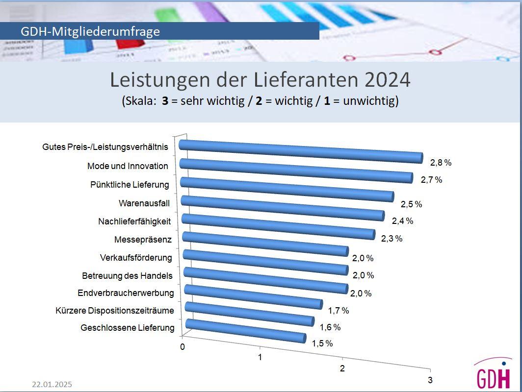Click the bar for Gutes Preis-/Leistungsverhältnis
[300, 151]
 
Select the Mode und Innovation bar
[296, 170]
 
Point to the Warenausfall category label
[144, 203]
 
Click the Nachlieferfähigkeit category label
[134, 221]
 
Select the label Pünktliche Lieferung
[130, 185]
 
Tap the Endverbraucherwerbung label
[126, 293]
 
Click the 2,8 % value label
[441, 162]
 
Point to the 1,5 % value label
[322, 343]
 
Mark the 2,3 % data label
[391, 239]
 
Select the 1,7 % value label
[339, 310]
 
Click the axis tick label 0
[183, 347]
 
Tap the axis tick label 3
[430, 380]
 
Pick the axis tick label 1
[260, 357]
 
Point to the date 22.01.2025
[52, 384]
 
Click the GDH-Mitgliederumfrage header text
[90, 31]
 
